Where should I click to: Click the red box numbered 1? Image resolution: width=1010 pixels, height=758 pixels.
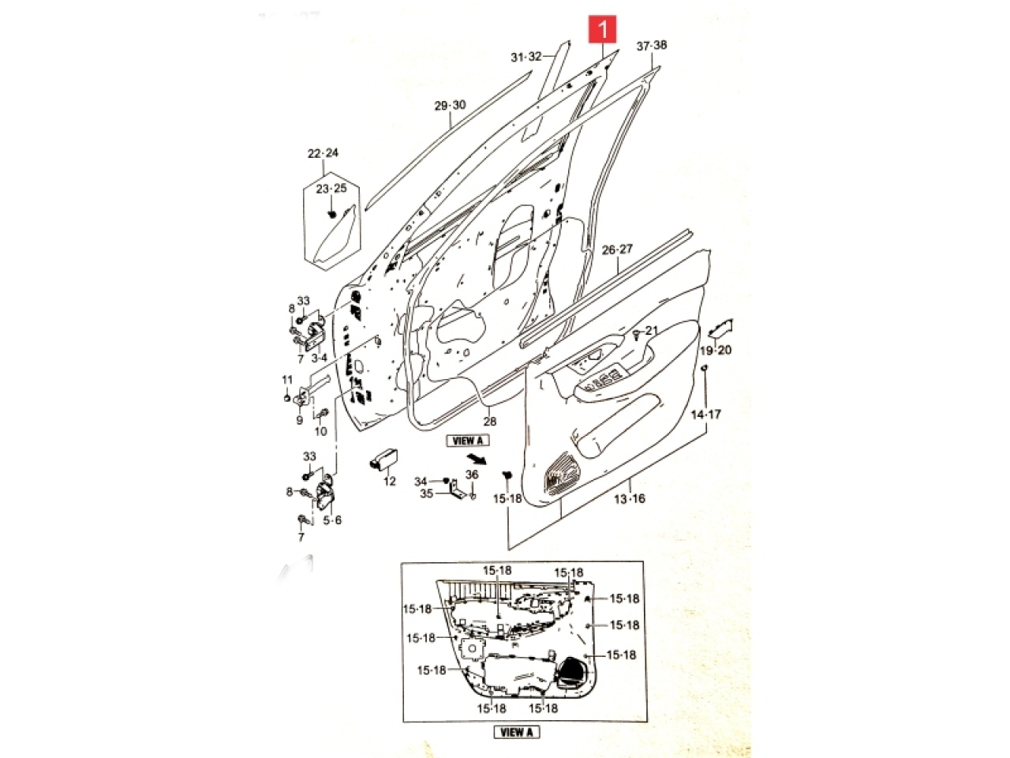point(604,31)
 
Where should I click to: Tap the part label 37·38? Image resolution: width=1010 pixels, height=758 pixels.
point(652,45)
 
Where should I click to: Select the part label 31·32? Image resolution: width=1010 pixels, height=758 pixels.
point(526,57)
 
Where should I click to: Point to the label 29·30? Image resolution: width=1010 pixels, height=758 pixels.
point(450,106)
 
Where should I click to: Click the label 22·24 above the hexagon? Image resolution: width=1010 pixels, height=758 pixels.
point(323,153)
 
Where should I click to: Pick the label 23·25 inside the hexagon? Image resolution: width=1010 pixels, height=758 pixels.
point(331,189)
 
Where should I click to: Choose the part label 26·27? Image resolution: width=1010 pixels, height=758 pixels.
point(617,250)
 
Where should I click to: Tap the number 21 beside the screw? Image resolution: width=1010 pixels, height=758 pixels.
point(651,330)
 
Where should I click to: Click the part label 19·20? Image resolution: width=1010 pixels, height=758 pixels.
point(716,351)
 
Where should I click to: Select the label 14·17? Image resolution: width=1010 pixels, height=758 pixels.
point(706,414)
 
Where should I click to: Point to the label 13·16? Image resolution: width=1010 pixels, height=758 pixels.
point(630,498)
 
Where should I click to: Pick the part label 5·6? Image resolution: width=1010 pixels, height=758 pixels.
point(332,520)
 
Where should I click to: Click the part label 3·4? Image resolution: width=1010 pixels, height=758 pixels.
point(320,358)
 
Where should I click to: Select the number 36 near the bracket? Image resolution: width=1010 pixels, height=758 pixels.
point(472,475)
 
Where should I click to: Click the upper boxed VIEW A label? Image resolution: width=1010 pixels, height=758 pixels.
point(469,441)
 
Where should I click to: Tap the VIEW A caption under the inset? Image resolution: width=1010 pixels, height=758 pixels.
point(517,732)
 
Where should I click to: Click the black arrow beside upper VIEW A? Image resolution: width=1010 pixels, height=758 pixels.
point(474,459)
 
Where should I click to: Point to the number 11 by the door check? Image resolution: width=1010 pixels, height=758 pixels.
point(287,381)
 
